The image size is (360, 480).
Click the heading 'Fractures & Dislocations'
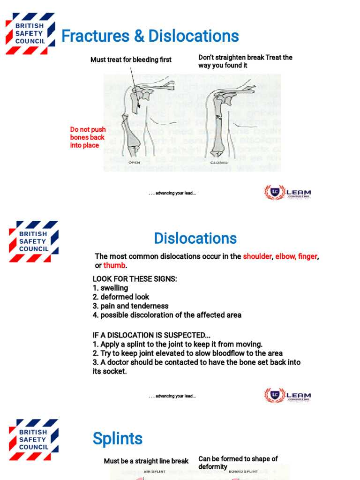150,36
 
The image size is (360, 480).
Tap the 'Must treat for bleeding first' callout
131,60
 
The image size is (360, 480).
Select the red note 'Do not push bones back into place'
88,137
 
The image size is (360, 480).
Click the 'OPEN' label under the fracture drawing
135,163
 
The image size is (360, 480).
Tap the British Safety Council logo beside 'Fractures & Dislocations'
30,34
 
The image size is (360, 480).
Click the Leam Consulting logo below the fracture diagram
287,192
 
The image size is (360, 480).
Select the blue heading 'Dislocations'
195,238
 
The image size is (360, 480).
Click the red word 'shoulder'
257,256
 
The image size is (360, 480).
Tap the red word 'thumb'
114,265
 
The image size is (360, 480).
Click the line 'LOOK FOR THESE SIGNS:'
135,279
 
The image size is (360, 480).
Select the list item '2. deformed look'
121,297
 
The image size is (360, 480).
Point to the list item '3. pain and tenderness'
130,306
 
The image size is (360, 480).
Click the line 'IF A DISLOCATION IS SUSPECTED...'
151,335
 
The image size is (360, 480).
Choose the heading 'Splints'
118,439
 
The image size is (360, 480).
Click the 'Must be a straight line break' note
146,461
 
